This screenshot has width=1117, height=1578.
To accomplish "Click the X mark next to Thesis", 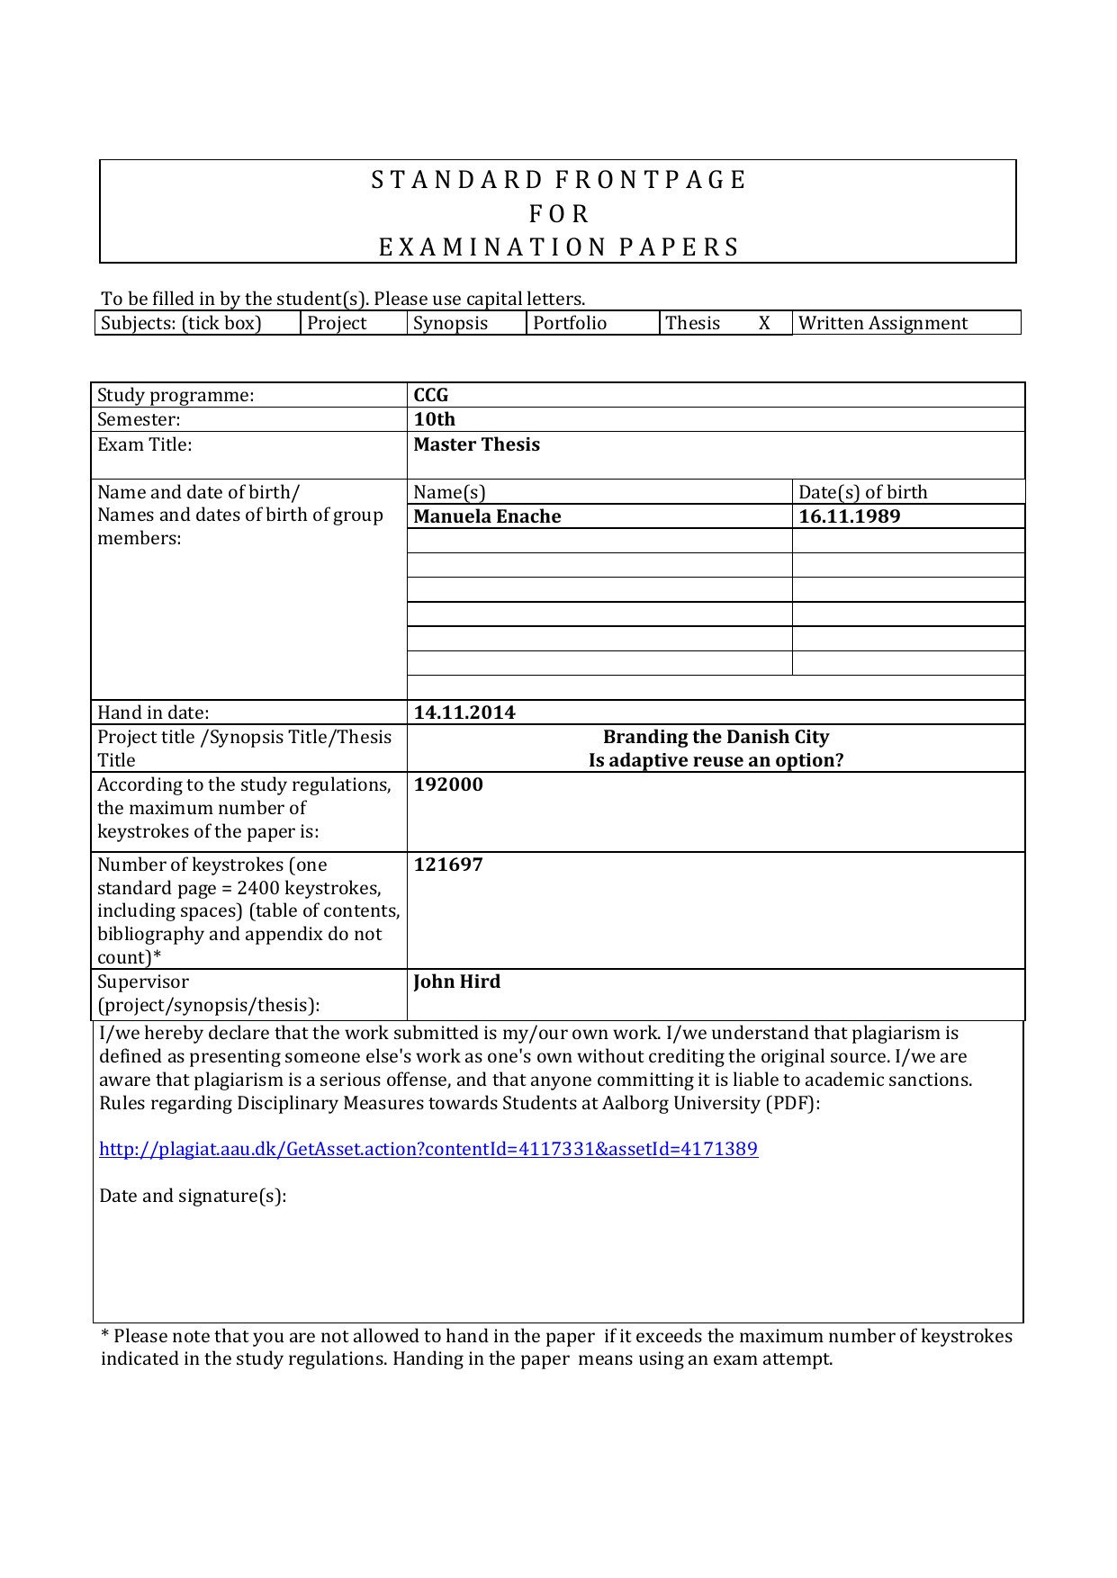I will pos(764,324).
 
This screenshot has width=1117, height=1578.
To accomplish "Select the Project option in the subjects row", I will pos(337,324).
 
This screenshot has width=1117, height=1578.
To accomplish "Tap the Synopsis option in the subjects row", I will pos(450,324).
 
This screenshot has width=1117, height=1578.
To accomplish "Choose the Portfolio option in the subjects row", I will pos(570,324).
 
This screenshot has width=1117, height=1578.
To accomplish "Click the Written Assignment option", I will pos(883,324).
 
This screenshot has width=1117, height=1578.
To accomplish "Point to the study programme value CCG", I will pos(431,396).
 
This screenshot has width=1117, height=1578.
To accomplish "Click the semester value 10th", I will pos(435,420).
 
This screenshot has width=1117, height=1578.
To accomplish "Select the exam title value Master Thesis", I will pos(477,445).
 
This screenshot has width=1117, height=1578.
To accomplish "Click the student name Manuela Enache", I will pos(487,517).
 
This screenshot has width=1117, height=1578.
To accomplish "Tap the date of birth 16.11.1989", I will pos(850,517).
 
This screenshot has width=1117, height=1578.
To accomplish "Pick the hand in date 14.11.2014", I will pos(464,713).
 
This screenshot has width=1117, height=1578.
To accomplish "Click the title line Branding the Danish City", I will pos(716,738).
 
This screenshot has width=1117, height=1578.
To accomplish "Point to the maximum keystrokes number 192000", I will pos(448,785).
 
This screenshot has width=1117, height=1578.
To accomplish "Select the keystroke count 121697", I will pos(448,865).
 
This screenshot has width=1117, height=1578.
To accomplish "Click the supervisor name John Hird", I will pos(457,982).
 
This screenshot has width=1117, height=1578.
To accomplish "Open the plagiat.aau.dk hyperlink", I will pos(428,1150).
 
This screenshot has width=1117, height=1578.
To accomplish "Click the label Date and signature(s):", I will pos(193,1197).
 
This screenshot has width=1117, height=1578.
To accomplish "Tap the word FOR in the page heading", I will pos(558,214).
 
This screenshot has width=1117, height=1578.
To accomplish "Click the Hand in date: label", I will pos(153,713).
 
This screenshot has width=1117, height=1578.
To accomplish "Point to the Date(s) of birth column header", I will pos(862,493).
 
